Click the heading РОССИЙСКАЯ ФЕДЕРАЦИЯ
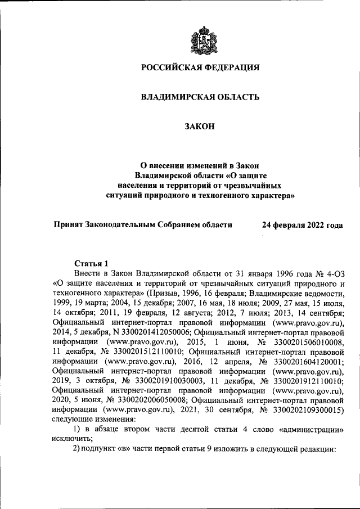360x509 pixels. (x=200, y=68)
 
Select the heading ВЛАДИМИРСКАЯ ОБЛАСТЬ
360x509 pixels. (x=200, y=97)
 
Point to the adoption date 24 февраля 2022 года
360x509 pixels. (x=302, y=224)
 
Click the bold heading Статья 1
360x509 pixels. (x=91, y=263)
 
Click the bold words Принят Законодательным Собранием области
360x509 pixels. (x=143, y=224)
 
